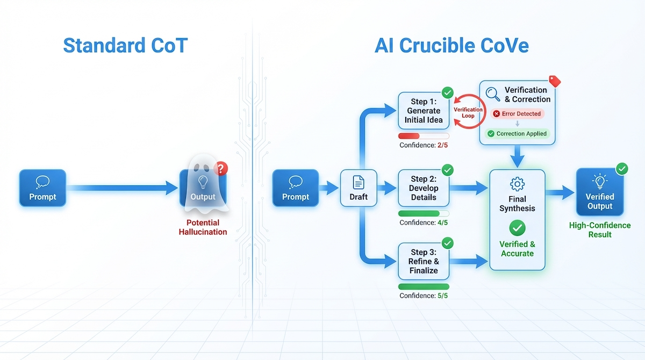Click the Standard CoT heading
(x=125, y=46)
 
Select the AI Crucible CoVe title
(x=451, y=46)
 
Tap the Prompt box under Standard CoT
(x=42, y=188)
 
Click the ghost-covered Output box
(x=203, y=188)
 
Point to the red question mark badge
(x=220, y=168)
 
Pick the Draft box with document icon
(x=359, y=188)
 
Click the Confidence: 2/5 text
(x=424, y=145)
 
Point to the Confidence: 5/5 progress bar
(x=424, y=286)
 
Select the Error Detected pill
(x=517, y=114)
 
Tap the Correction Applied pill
(x=517, y=134)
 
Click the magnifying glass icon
(x=492, y=95)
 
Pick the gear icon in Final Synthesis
(x=517, y=184)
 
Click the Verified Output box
(x=599, y=192)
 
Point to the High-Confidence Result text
(x=599, y=230)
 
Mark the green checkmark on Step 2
(x=447, y=170)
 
